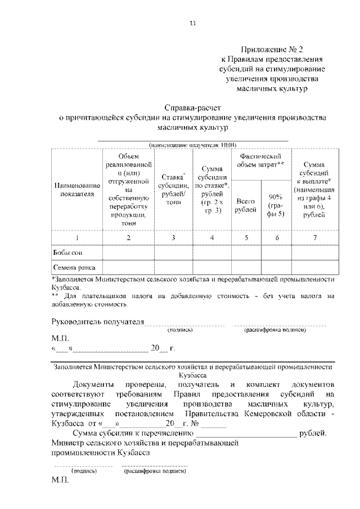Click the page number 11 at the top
193,23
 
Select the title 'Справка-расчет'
193,107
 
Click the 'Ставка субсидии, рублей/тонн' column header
173,190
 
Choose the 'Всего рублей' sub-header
245,205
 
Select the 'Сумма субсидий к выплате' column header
314,190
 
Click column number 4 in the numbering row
211,238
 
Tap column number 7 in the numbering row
314,238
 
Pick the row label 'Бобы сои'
67,253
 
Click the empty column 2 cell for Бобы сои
128,253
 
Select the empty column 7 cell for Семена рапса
314,268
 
